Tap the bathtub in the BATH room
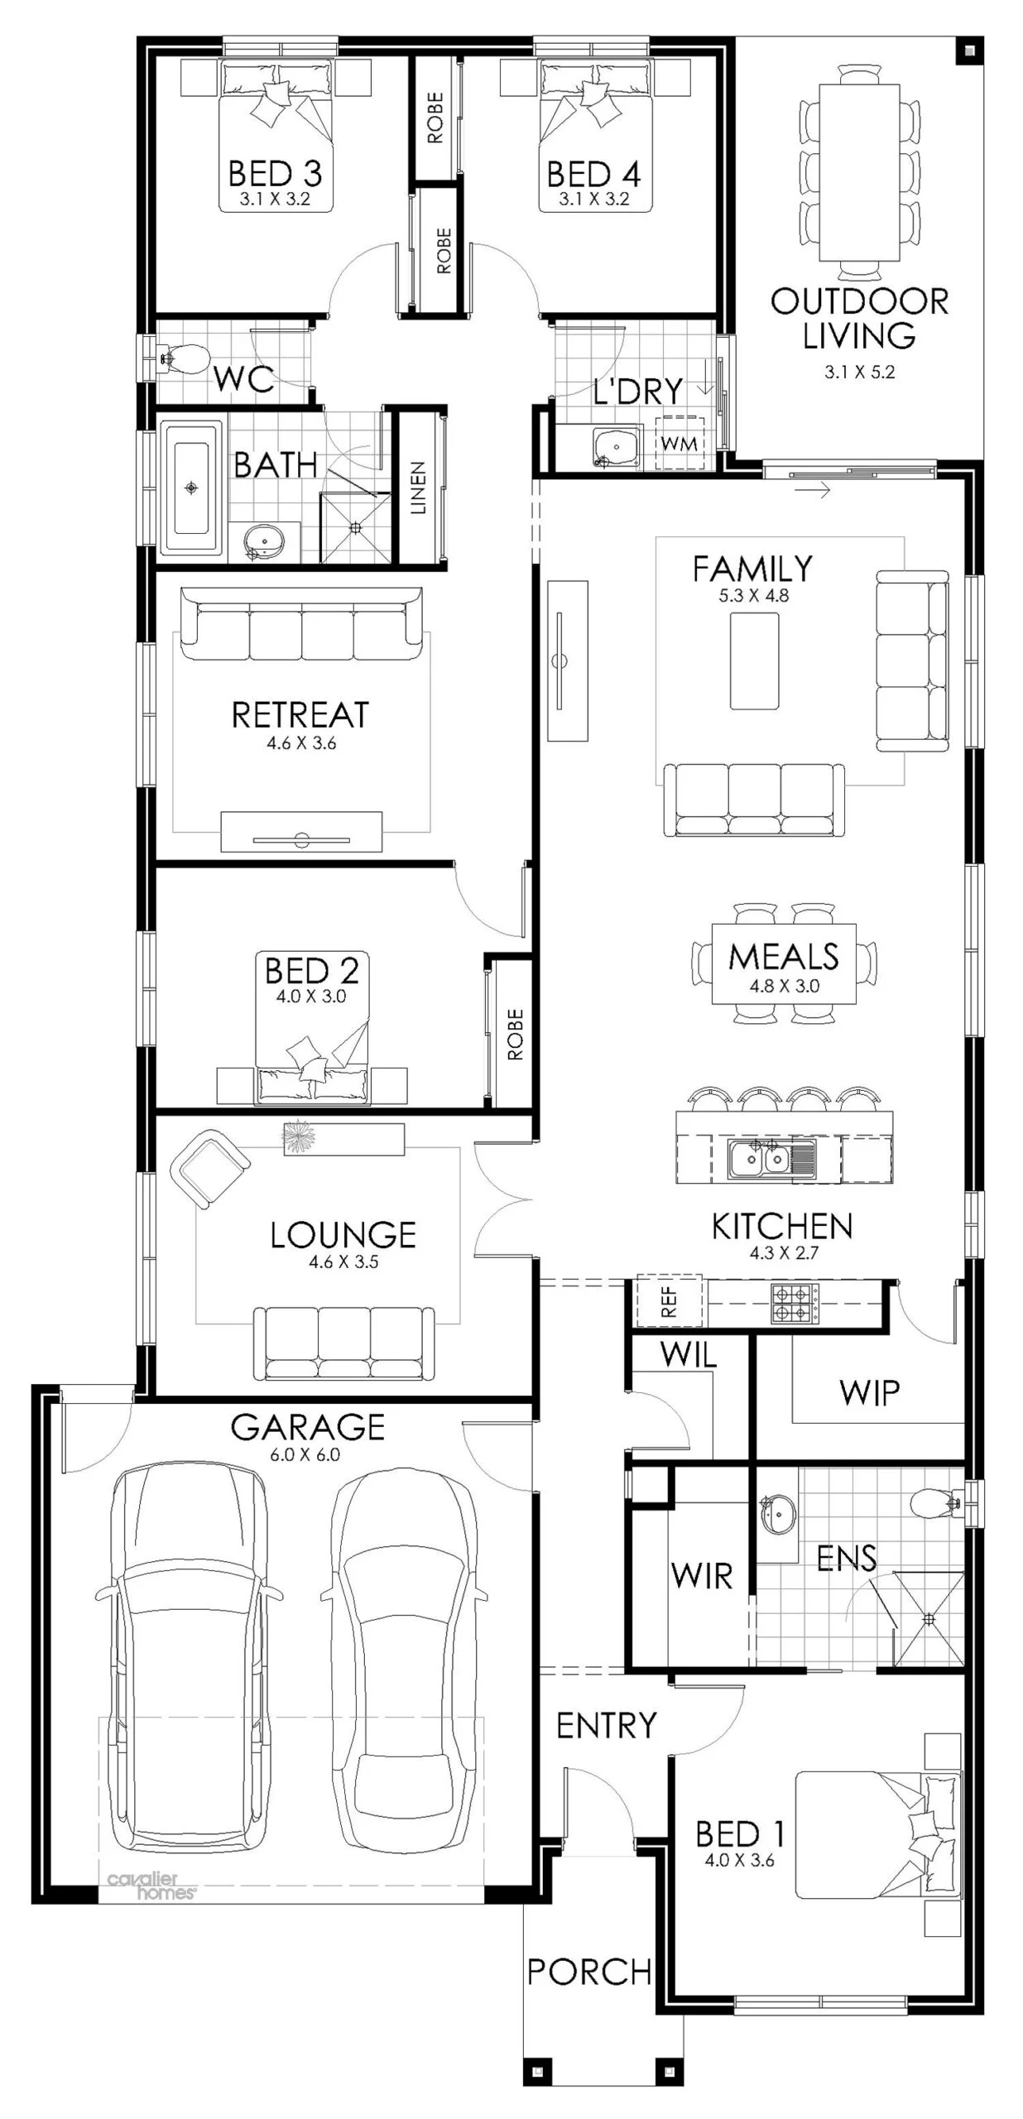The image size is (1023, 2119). [x=192, y=488]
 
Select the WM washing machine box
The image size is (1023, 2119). [x=680, y=444]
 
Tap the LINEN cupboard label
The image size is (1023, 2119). [x=418, y=488]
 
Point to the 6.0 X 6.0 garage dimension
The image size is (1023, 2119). [x=305, y=1454]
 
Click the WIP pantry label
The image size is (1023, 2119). [x=869, y=1393]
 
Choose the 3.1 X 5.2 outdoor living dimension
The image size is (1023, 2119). [x=859, y=372]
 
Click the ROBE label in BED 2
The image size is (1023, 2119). [x=515, y=1034]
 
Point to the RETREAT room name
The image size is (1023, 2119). [x=300, y=714]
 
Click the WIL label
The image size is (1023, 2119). [x=688, y=1355]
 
